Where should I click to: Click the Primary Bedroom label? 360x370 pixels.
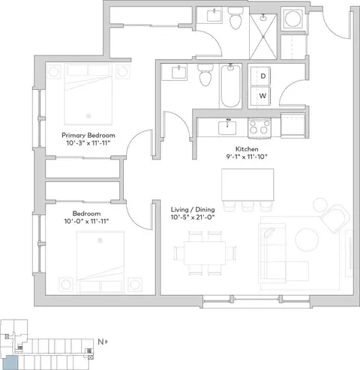88,136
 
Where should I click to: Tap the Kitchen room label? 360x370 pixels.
247,149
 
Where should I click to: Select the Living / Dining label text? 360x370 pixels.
193,210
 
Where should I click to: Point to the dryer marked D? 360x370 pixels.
260,76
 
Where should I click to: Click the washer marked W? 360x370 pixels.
260,96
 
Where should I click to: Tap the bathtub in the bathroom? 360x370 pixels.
230,85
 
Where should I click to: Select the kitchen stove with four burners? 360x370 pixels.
259,128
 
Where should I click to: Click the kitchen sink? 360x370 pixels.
227,128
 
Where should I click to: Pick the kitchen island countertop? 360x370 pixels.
247,185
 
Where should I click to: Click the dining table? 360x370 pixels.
205,253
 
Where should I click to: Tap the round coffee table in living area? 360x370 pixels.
307,240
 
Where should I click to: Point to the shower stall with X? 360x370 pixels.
263,37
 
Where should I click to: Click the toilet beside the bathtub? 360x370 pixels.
205,75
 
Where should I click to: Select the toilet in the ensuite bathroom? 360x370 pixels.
235,18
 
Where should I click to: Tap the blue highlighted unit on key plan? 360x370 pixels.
11,363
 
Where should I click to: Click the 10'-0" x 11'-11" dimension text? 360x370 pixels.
86,221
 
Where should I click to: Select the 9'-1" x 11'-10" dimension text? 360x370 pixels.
247,157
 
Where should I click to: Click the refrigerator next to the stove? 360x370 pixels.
293,125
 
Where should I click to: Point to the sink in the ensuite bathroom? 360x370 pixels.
214,16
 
